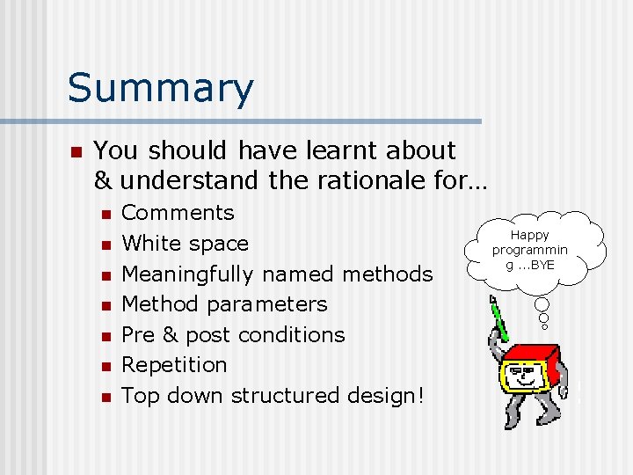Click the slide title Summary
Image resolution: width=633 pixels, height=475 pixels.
pyautogui.click(x=160, y=89)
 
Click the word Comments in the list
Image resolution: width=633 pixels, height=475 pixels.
pyautogui.click(x=178, y=213)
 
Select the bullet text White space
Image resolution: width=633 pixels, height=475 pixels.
pyautogui.click(x=185, y=244)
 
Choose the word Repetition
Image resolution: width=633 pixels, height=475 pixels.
pyautogui.click(x=173, y=365)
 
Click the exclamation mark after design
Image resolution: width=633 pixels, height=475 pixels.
pyautogui.click(x=420, y=395)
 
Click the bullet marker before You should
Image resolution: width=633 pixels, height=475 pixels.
pyautogui.click(x=76, y=151)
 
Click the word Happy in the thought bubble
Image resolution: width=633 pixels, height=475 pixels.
pyautogui.click(x=529, y=235)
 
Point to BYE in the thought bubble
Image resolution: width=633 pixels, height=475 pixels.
pyautogui.click(x=542, y=265)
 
